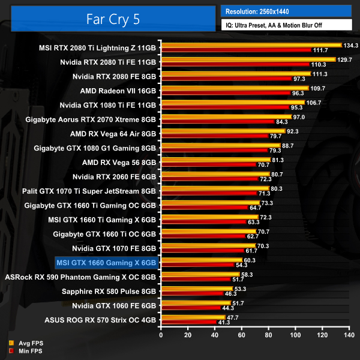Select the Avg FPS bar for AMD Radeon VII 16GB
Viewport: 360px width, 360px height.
(234, 88)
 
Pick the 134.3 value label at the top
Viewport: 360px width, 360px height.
(350, 45)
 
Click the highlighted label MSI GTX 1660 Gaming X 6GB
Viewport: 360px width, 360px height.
(106, 262)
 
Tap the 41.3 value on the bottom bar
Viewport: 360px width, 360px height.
(224, 322)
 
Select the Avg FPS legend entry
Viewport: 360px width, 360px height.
(28, 343)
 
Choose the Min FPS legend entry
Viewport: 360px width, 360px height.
(28, 350)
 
